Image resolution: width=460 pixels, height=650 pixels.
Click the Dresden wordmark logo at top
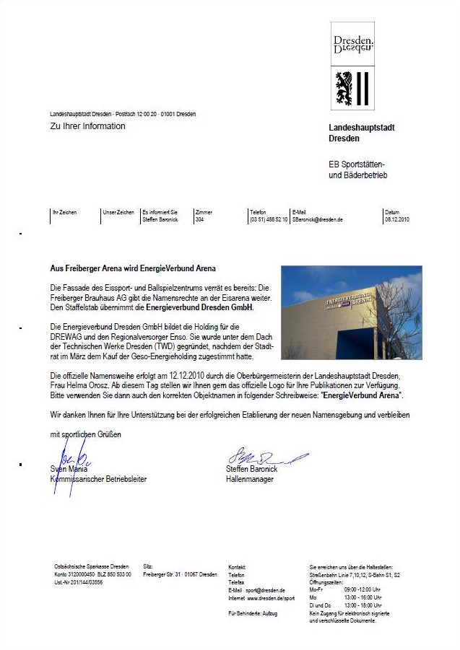coord(353,43)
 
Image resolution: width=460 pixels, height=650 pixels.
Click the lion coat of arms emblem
coord(353,89)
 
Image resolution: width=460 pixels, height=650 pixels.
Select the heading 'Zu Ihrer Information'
coord(87,126)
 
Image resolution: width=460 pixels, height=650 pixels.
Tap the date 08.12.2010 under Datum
coord(397,219)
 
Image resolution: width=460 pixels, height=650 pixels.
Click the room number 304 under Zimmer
coord(199,219)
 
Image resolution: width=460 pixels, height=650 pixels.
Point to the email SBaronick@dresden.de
coord(317,219)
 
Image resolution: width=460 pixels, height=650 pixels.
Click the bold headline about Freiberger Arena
coord(133,268)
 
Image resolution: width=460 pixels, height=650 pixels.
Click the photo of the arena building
coord(351,312)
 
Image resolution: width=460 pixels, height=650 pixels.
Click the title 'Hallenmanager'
coord(250,479)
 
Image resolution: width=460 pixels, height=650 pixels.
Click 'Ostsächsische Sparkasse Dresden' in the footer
coord(92,566)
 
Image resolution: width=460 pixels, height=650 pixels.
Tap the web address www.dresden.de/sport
coord(271,598)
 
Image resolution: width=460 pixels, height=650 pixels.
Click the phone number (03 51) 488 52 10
coord(269,219)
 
